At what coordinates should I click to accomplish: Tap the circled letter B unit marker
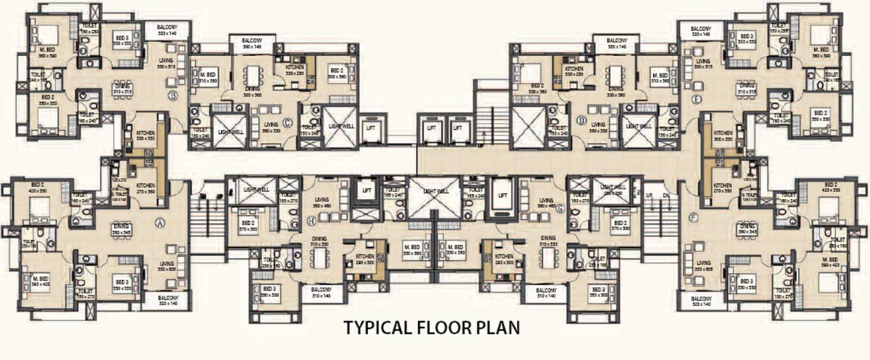pyautogui.click(x=174, y=98)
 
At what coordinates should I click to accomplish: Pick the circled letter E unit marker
pyautogui.click(x=696, y=99)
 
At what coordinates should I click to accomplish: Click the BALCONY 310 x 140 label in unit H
pyautogui.click(x=321, y=292)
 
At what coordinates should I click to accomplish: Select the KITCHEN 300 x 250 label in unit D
pyautogui.click(x=574, y=70)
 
